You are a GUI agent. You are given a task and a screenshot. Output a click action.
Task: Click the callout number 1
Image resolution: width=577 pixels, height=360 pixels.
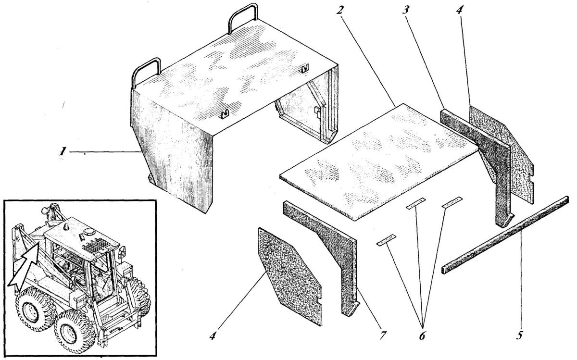coord(62,151)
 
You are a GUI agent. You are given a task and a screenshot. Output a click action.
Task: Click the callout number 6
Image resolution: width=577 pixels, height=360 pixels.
coord(422,335)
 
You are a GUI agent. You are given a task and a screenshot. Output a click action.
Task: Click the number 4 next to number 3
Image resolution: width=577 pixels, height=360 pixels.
coord(459,10)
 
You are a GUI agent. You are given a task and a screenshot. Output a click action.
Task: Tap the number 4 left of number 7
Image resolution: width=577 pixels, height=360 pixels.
coord(212,335)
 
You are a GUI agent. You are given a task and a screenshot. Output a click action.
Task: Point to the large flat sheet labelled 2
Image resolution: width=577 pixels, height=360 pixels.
coord(379,161)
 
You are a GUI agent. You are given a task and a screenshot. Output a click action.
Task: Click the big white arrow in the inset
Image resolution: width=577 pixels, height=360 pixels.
coord(25,265)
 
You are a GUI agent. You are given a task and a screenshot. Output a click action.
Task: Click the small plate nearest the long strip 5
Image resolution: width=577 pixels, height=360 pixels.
coord(452,202)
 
